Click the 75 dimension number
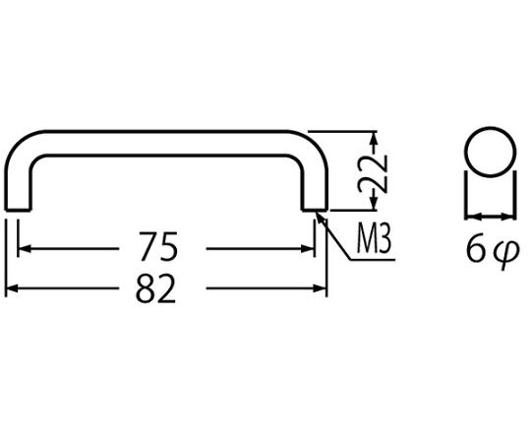[x=158, y=247]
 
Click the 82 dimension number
[x=155, y=288]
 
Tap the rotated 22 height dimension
[x=373, y=174]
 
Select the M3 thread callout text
[x=375, y=239]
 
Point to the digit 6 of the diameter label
[x=476, y=249]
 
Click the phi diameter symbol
[x=505, y=253]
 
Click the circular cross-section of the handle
[x=491, y=152]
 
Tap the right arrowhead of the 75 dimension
[x=308, y=249]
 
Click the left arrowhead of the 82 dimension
[x=12, y=288]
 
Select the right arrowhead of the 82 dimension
[x=320, y=288]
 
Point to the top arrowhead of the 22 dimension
[x=374, y=138]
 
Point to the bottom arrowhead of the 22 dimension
[x=374, y=204]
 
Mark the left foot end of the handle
[x=19, y=210]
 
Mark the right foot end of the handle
[x=315, y=210]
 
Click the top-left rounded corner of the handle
[x=17, y=143]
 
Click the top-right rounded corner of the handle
[x=316, y=143]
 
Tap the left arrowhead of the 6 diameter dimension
[x=472, y=216]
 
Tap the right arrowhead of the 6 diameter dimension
[x=509, y=216]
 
